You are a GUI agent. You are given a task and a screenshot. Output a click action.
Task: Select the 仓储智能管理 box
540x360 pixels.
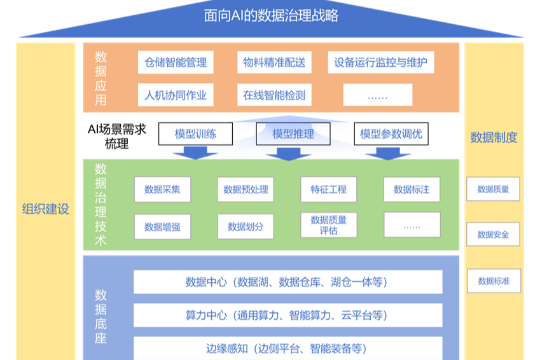point(176,62)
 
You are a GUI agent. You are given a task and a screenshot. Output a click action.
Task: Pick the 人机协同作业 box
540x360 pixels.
point(176,95)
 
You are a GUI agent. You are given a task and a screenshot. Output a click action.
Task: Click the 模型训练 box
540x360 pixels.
point(195,134)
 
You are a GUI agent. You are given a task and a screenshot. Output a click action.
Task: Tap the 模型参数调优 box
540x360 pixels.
point(391,134)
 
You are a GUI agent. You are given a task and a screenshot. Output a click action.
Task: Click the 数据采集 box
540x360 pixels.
point(162,190)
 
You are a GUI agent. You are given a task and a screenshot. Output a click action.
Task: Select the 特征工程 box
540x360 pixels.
point(328,190)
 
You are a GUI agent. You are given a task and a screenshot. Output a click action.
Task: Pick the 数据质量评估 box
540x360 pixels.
point(328,225)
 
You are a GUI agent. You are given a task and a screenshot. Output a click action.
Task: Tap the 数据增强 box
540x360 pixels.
point(162,226)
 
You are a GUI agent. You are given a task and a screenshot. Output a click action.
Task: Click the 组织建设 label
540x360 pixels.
point(45,209)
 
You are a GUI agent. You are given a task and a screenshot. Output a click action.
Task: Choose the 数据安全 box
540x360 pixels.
point(493,234)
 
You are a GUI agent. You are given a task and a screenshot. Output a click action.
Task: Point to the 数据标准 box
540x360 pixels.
point(493,280)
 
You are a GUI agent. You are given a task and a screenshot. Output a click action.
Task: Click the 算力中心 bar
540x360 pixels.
point(287,315)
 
